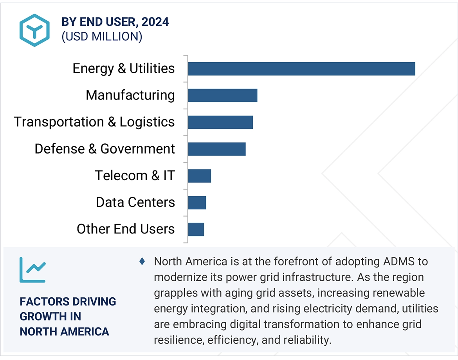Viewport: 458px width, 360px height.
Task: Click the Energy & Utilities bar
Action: tap(301, 69)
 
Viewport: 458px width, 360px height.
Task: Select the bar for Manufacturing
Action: tap(222, 95)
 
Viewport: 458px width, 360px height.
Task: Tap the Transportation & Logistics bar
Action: tap(220, 122)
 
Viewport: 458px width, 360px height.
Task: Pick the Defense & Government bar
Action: tap(216, 149)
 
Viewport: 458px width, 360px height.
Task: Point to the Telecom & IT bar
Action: tap(199, 176)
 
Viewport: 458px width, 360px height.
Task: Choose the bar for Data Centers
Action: tap(197, 203)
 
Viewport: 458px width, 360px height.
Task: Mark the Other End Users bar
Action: tap(196, 229)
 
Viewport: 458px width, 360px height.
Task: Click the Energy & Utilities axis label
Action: tap(124, 69)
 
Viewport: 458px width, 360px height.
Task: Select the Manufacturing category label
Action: tap(130, 95)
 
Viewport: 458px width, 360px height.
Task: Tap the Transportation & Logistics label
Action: tap(94, 122)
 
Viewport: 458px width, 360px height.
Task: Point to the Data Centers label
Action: tap(135, 203)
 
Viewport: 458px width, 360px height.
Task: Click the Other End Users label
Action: tap(126, 229)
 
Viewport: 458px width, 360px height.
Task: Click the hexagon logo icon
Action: tap(34, 30)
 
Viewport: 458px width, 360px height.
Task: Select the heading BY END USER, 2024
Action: tap(115, 22)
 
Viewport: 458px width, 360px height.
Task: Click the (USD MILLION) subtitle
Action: tap(102, 36)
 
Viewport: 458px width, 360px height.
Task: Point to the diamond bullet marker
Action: tap(142, 261)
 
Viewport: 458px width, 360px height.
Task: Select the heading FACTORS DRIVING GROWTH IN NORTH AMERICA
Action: tap(68, 317)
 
